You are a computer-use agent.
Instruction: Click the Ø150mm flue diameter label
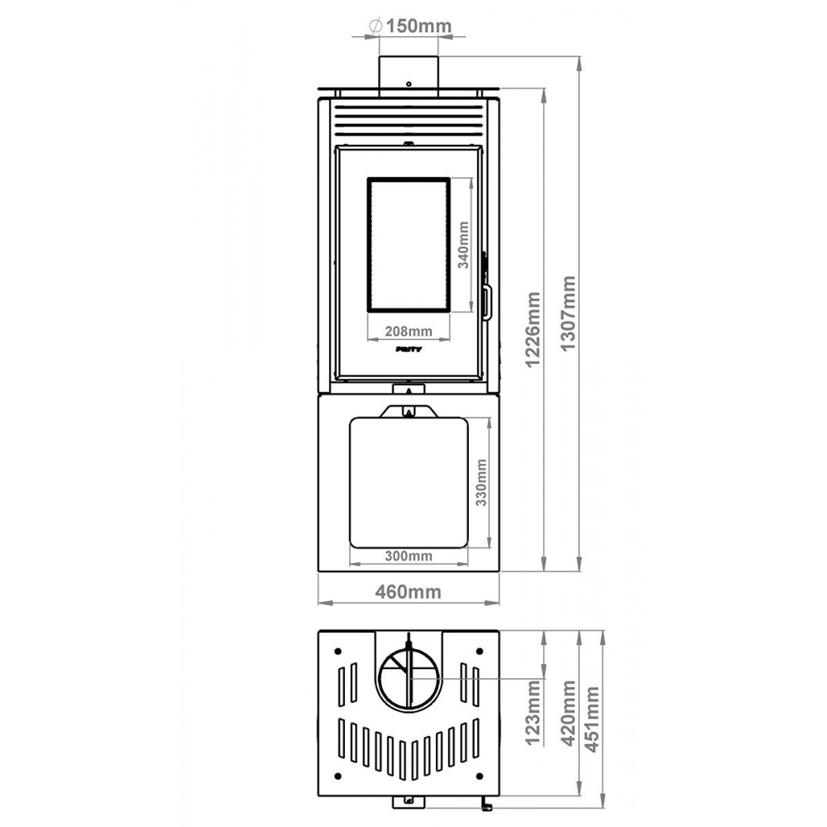pos(411,26)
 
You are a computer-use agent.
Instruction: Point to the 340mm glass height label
pos(464,246)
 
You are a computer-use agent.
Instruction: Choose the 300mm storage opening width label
pos(409,556)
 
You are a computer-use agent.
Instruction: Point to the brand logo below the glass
pos(409,350)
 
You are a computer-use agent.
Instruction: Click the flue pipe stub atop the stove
pos(409,73)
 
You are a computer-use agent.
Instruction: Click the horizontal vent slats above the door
pos(409,122)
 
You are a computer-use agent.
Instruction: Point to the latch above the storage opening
pos(409,410)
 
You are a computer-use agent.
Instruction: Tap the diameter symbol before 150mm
pos(374,26)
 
